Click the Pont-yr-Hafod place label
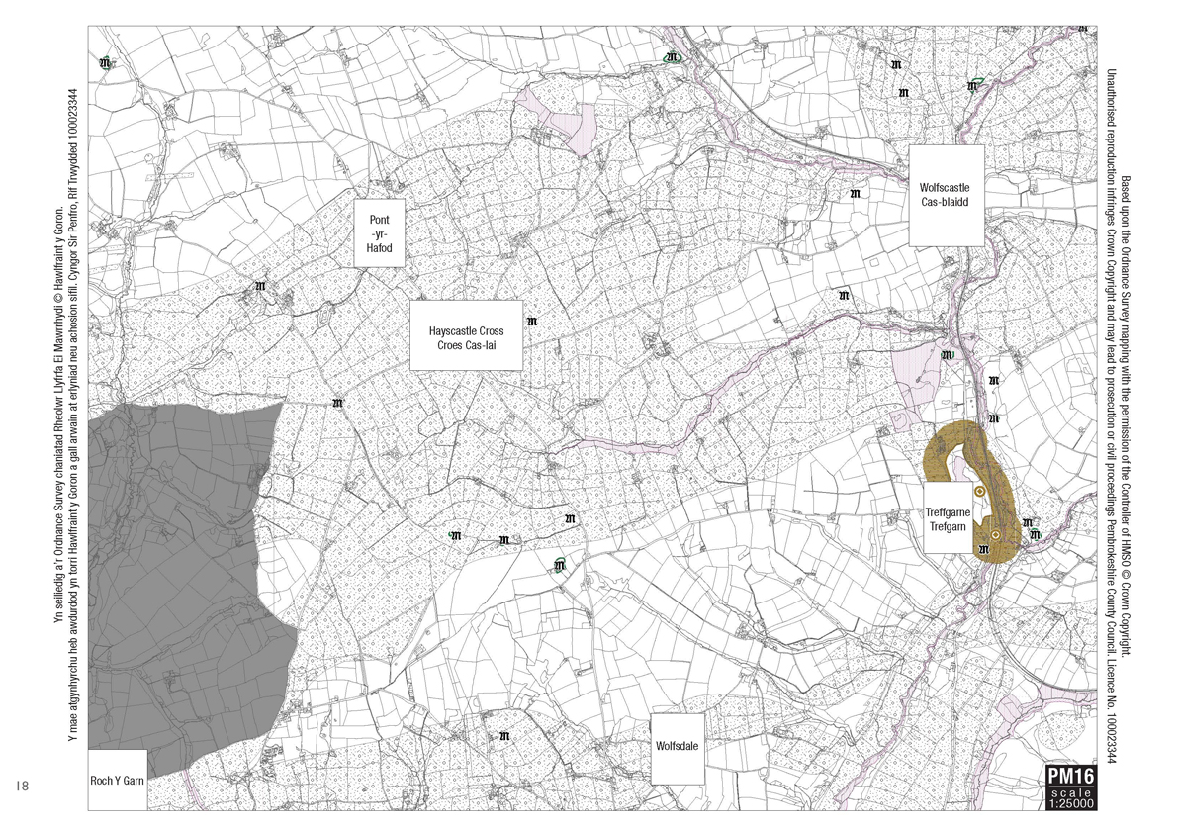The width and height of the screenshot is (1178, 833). pyautogui.click(x=381, y=233)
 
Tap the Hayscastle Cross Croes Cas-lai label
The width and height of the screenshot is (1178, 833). pyautogui.click(x=466, y=336)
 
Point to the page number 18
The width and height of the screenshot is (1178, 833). pyautogui.click(x=24, y=786)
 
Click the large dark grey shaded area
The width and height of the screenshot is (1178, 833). pyautogui.click(x=178, y=574)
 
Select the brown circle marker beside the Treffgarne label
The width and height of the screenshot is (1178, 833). pyautogui.click(x=979, y=491)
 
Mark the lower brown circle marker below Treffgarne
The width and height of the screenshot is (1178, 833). pyautogui.click(x=995, y=535)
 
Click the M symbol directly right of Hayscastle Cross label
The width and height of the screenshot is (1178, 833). pyautogui.click(x=533, y=322)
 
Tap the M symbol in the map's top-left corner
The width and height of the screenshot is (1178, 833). pyautogui.click(x=106, y=64)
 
